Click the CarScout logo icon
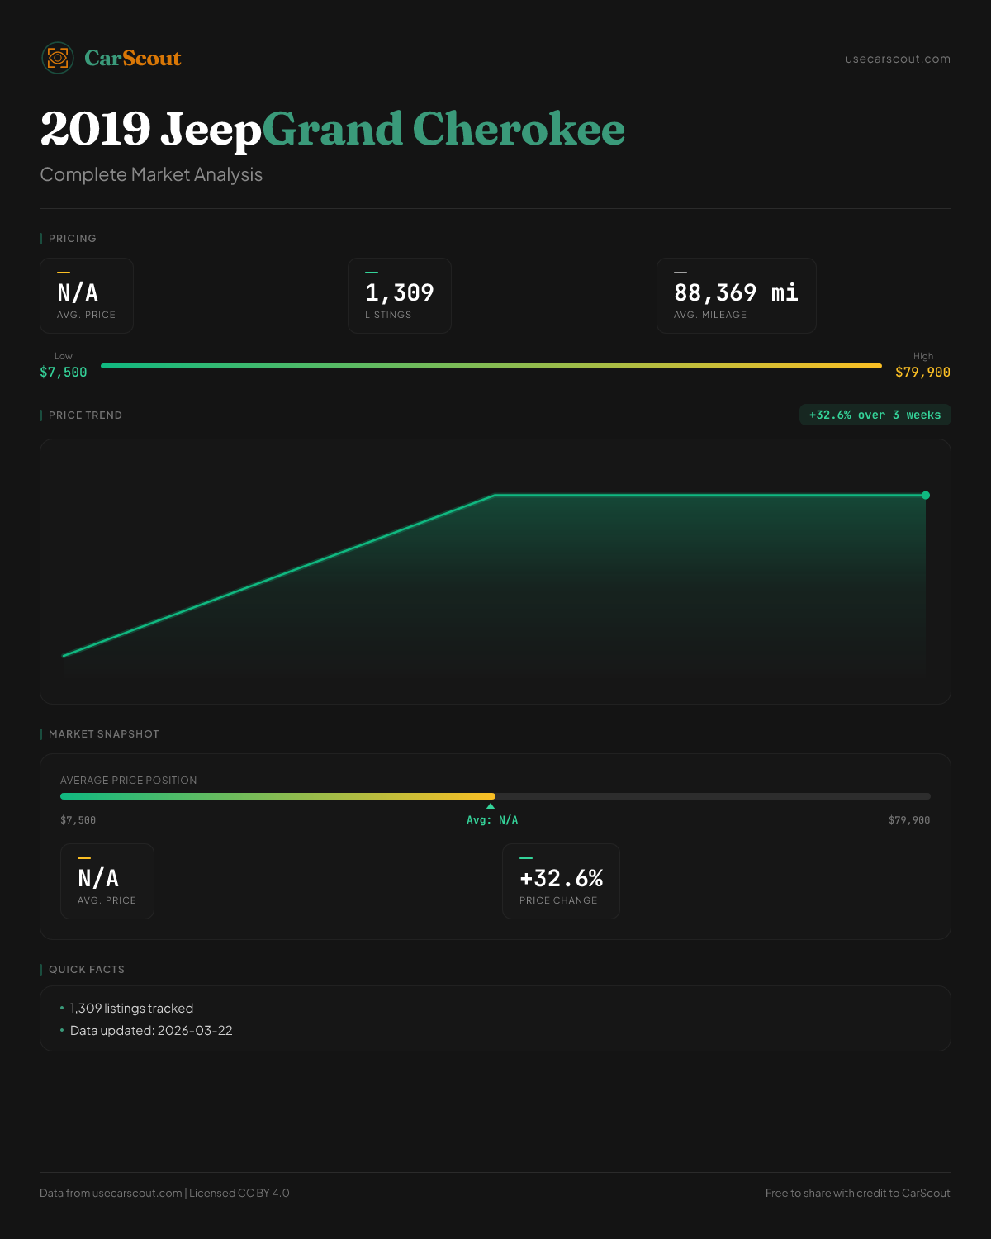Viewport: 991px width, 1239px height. [x=58, y=58]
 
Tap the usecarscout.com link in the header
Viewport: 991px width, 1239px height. [x=898, y=59]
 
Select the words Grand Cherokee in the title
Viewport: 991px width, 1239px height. [x=443, y=129]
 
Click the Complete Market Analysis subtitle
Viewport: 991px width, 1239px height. [x=151, y=174]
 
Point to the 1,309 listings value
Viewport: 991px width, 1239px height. [x=399, y=292]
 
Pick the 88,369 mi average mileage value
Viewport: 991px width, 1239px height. [x=736, y=292]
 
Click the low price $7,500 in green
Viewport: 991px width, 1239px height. [x=64, y=373]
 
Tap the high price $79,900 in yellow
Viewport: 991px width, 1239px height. [x=922, y=373]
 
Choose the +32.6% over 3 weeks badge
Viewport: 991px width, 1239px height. [x=875, y=415]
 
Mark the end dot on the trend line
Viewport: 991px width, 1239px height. [x=926, y=496]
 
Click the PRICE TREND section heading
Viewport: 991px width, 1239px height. [x=85, y=415]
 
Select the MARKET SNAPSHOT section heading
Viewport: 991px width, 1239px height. [x=103, y=734]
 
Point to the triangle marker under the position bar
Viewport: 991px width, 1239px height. [x=491, y=806]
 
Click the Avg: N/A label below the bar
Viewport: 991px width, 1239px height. [x=492, y=820]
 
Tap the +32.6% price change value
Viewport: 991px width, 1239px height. [x=561, y=878]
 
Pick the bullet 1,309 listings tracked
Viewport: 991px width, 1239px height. [x=131, y=1009]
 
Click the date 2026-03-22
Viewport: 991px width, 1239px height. [x=195, y=1031]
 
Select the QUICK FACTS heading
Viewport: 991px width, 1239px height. [x=86, y=970]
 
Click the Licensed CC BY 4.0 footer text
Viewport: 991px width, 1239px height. [x=239, y=1193]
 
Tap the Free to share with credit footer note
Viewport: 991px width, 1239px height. [x=857, y=1193]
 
